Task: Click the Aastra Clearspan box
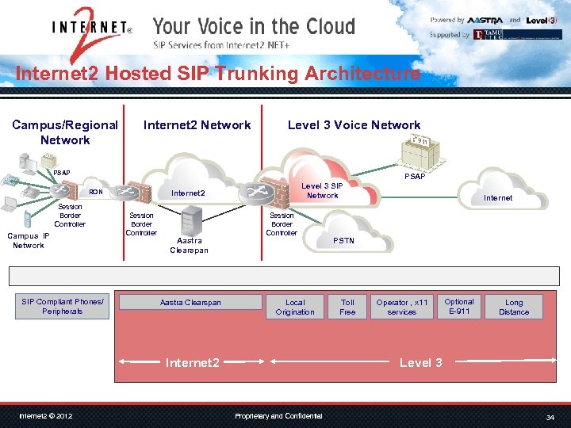pyautogui.click(x=190, y=302)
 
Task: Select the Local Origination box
pyautogui.click(x=295, y=307)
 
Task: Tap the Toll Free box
pyautogui.click(x=347, y=307)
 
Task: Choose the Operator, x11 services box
pyautogui.click(x=402, y=307)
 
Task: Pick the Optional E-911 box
pyautogui.click(x=459, y=306)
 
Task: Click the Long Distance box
pyautogui.click(x=514, y=307)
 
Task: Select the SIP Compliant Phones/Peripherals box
pyautogui.click(x=62, y=306)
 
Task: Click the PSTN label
pyautogui.click(x=344, y=240)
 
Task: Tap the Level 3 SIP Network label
pyautogui.click(x=322, y=190)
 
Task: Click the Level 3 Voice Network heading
pyautogui.click(x=354, y=124)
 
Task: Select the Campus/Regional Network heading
pyautogui.click(x=65, y=132)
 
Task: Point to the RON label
pyautogui.click(x=96, y=192)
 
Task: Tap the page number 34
pyautogui.click(x=550, y=417)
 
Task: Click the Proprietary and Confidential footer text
pyautogui.click(x=278, y=416)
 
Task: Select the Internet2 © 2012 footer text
pyautogui.click(x=46, y=416)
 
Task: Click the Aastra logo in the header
pyautogui.click(x=485, y=20)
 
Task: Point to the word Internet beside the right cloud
pyautogui.click(x=498, y=197)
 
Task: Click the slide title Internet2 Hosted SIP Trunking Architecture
pyautogui.click(x=218, y=74)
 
